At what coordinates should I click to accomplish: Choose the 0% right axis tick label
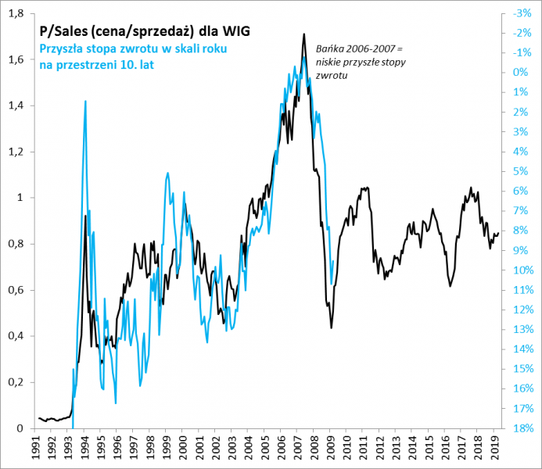click(x=519, y=73)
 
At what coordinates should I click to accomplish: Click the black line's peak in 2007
click(x=304, y=34)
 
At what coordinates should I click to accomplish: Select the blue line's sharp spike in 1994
click(x=84, y=101)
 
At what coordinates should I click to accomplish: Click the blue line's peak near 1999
click(x=167, y=174)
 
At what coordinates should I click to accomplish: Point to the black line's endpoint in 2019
click(x=499, y=232)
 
